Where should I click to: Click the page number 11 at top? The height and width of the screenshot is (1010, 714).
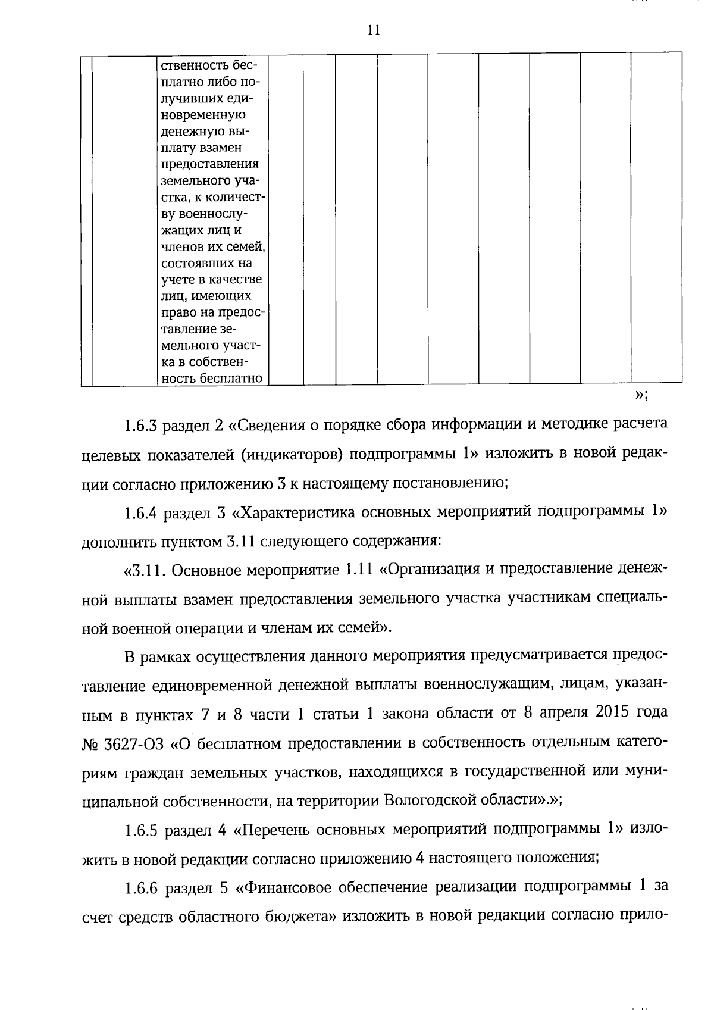point(374,30)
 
